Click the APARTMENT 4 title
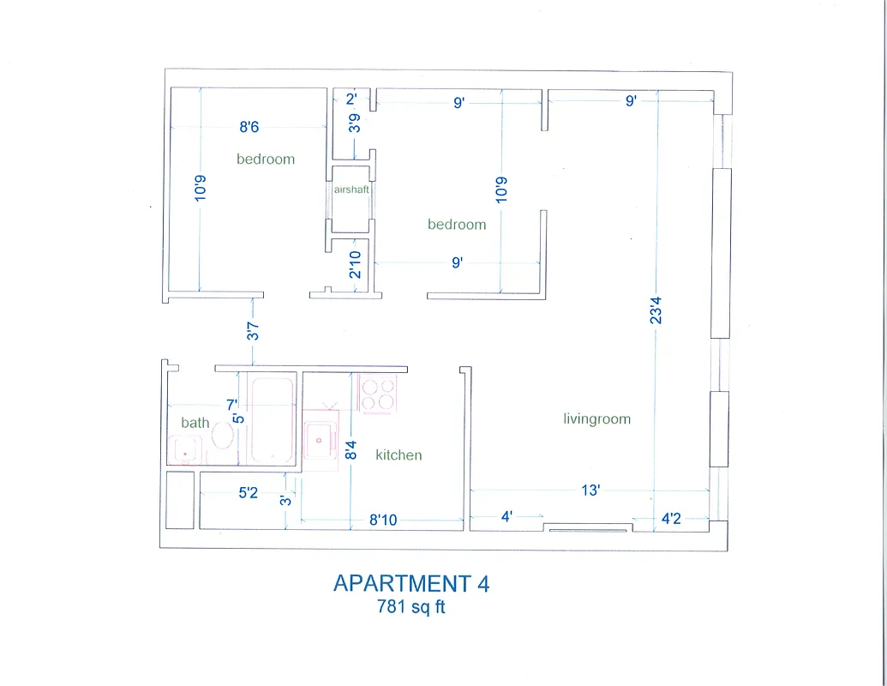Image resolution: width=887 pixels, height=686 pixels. tap(411, 584)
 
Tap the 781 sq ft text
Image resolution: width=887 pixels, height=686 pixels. tap(411, 607)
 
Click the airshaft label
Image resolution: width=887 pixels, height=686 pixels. tap(351, 190)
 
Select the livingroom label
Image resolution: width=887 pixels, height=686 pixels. tap(596, 419)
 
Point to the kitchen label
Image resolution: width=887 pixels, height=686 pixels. tap(399, 455)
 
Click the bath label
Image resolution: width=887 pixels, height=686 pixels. tap(195, 423)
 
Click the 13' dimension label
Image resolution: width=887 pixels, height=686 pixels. tap(590, 490)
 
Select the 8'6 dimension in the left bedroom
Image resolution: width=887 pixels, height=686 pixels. tap(249, 128)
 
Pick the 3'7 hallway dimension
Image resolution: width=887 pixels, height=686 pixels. tap(254, 330)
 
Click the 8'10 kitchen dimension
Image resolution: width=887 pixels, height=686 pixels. tap(382, 519)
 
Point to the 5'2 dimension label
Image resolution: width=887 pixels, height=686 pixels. tap(248, 493)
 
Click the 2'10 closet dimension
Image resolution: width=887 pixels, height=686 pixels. tap(355, 265)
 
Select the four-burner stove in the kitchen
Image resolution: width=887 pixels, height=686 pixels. tap(378, 394)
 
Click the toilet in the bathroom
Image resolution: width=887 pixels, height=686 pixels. tap(222, 435)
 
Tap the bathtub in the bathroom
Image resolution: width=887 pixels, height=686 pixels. tap(273, 418)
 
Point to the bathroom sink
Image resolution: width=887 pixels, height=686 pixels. tap(184, 448)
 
